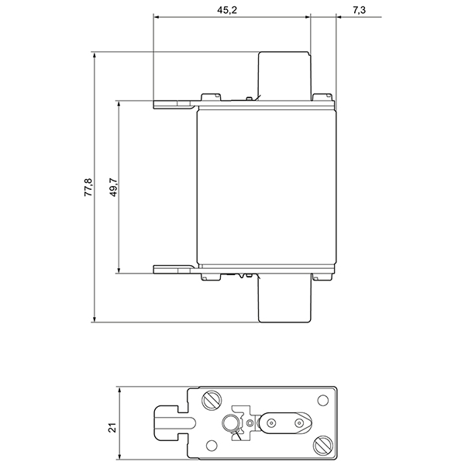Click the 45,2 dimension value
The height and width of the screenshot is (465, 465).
pyautogui.click(x=230, y=9)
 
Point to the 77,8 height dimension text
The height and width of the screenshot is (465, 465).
pyautogui.click(x=88, y=187)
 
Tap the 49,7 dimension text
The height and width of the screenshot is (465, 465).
pyautogui.click(x=113, y=187)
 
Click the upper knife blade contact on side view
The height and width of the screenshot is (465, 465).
pyautogui.click(x=173, y=103)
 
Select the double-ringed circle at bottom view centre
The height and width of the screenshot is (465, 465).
pyautogui.click(x=230, y=423)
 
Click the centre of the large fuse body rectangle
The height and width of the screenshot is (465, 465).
pyautogui.click(x=268, y=187)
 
